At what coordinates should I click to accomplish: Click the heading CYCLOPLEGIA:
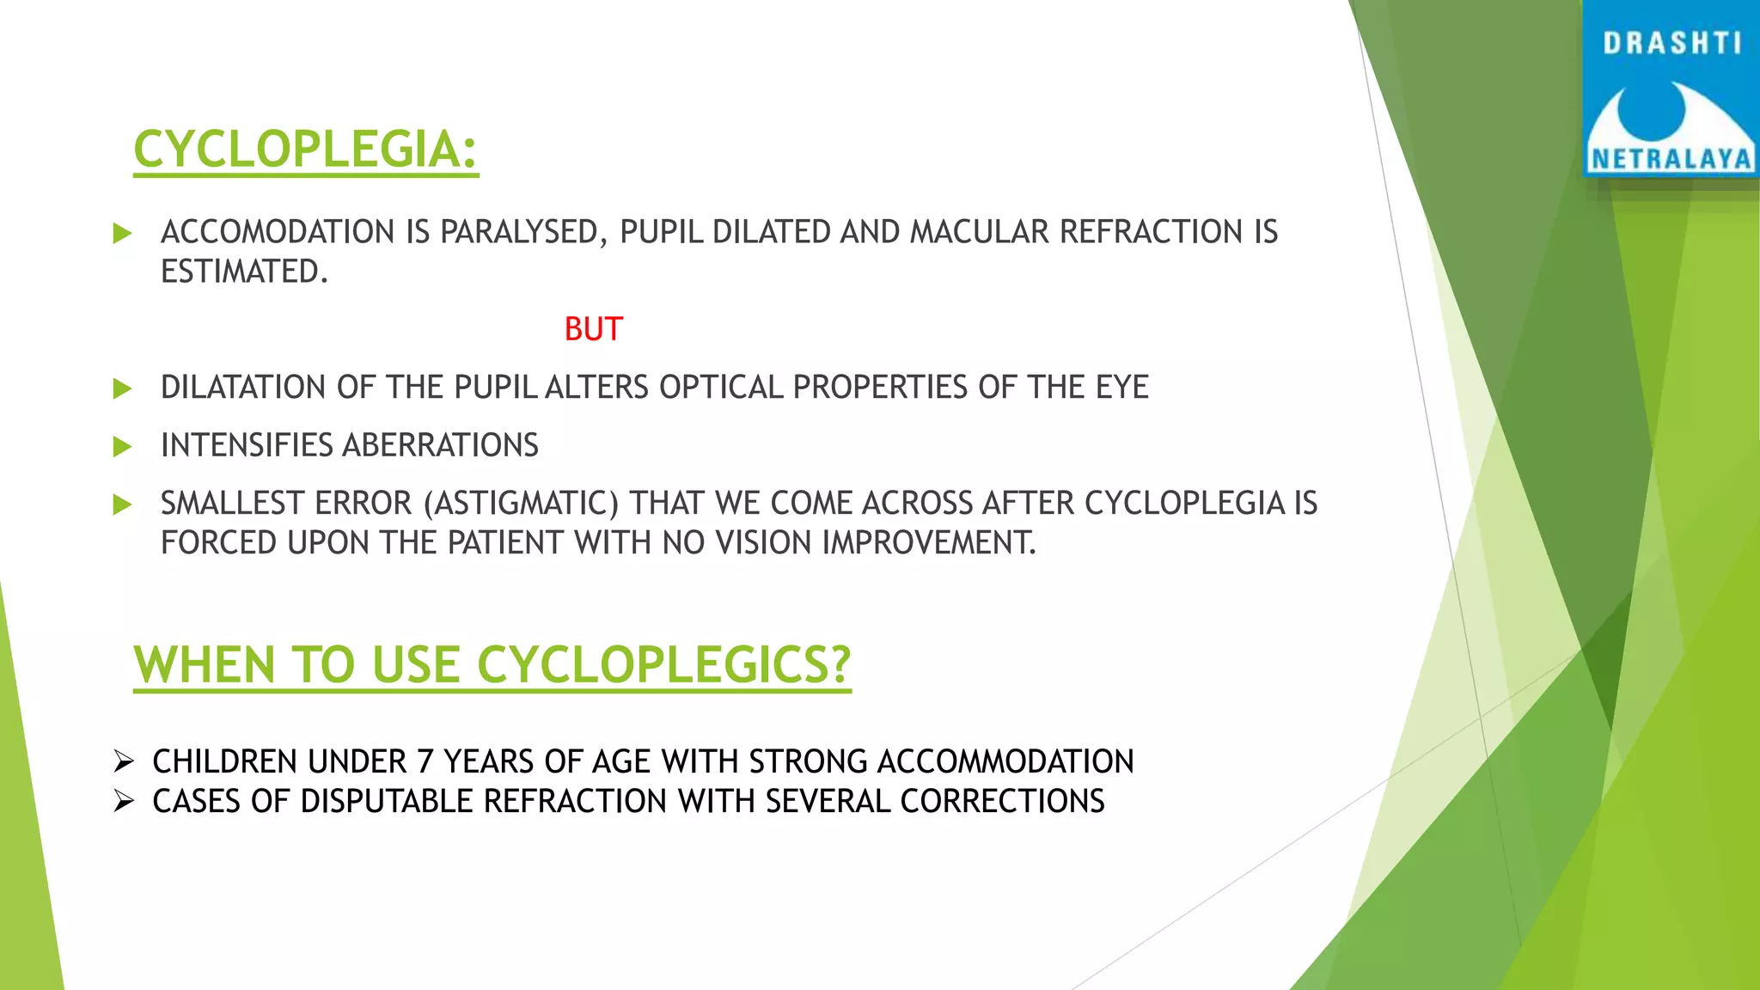(305, 150)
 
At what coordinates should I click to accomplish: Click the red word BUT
(593, 329)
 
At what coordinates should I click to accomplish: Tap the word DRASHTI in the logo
(1671, 43)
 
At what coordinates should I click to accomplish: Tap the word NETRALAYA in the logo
(1671, 159)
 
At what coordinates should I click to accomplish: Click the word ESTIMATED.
(244, 272)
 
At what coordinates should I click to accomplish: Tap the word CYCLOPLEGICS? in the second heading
(663, 665)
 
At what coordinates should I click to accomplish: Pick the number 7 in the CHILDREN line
(425, 762)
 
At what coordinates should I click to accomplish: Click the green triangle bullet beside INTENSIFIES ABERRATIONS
(122, 446)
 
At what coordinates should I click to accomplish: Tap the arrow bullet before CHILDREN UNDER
(124, 761)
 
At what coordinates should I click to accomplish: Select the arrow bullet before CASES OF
(124, 802)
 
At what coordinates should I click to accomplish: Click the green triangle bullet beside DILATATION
(122, 388)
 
